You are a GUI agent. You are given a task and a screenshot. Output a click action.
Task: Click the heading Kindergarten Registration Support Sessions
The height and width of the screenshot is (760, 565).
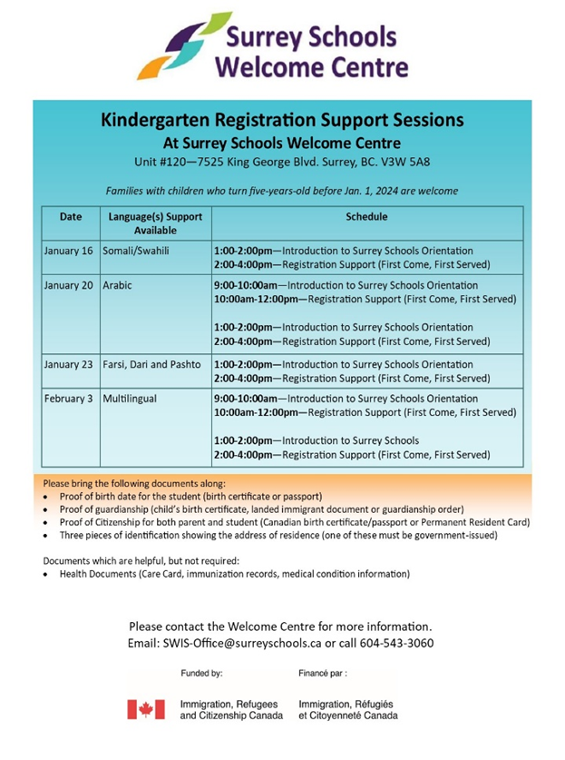[x=282, y=120]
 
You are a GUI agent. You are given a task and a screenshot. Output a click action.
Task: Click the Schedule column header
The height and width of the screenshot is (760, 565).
[x=366, y=218]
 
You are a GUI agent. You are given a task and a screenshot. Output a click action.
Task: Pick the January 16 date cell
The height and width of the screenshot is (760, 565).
[x=68, y=251]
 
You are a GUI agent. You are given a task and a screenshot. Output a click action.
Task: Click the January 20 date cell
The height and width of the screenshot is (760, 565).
[x=68, y=285]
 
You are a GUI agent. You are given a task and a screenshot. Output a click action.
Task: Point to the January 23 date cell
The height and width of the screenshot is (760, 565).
[x=68, y=365]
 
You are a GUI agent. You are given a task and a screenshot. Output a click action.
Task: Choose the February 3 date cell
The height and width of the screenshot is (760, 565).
[x=68, y=399]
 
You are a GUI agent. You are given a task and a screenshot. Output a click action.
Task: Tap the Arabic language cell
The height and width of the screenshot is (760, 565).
[x=118, y=285]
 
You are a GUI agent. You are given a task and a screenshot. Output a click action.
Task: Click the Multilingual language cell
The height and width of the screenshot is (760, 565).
[x=132, y=399]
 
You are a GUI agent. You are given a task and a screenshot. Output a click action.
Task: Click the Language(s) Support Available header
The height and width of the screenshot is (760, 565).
[x=154, y=223]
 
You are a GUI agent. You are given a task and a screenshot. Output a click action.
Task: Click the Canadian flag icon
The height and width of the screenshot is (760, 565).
[x=145, y=709]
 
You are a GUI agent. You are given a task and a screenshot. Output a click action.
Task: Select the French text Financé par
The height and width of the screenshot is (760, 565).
[x=322, y=674]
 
